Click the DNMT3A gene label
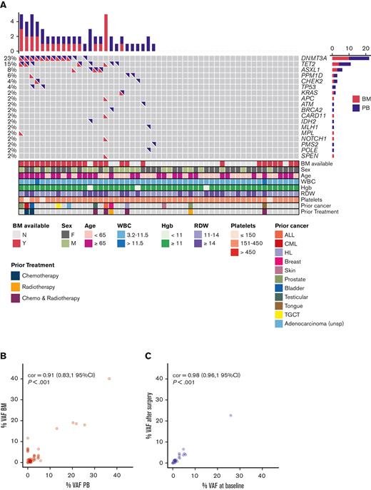point(316,57)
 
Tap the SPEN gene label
point(310,155)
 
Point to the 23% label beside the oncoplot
point(9,57)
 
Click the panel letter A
point(5,5)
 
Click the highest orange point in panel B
point(109,379)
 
